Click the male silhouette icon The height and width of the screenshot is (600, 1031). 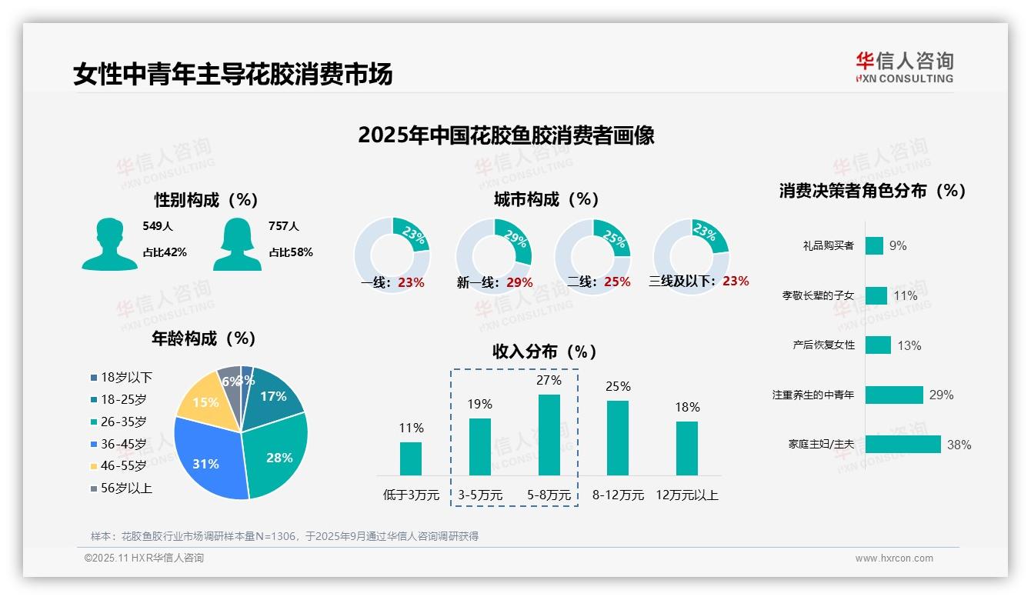(x=109, y=245)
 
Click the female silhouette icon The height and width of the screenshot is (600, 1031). (x=237, y=245)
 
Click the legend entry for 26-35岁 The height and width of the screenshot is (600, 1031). (x=123, y=422)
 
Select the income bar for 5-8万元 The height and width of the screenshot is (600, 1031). (x=549, y=435)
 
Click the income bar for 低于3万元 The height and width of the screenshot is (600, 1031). (x=411, y=458)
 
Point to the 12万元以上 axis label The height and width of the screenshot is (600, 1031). (x=686, y=495)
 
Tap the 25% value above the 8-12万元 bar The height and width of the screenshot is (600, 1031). (x=618, y=386)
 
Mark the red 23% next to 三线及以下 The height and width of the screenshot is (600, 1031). (x=736, y=281)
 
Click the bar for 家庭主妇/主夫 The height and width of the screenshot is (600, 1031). (x=903, y=445)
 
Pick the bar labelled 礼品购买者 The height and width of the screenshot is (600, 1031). (x=874, y=245)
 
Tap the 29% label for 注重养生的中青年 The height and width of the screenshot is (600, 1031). (x=941, y=395)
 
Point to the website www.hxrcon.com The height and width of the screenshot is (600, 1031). (x=894, y=558)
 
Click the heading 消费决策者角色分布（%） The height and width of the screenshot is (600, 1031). (x=873, y=191)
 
